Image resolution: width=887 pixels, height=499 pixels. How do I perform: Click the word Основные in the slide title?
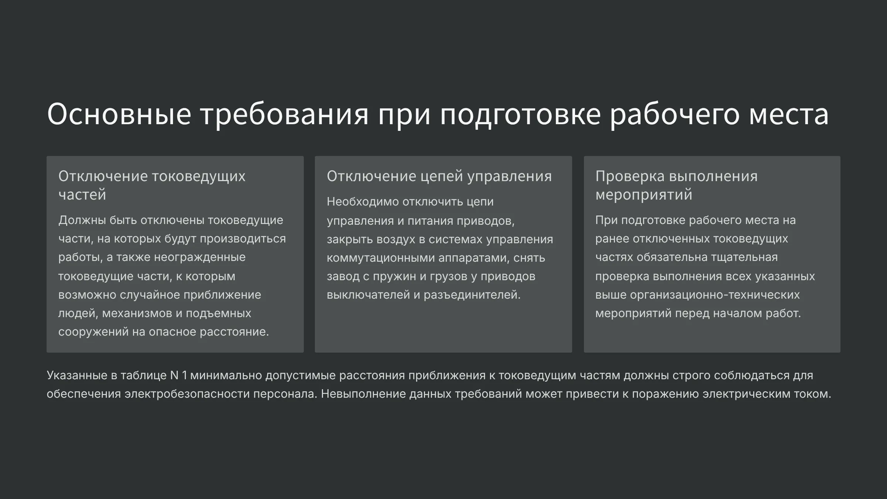click(x=119, y=114)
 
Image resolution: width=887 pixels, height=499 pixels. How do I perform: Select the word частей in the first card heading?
click(x=82, y=194)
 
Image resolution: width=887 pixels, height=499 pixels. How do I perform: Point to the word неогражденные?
click(x=200, y=257)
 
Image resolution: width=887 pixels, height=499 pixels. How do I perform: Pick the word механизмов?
click(x=137, y=313)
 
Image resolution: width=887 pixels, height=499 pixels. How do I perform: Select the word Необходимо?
click(x=363, y=201)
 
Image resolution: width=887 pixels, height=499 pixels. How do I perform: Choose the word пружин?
click(x=395, y=276)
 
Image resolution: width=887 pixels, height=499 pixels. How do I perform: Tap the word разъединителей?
click(x=472, y=295)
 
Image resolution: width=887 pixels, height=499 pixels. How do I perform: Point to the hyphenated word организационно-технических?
click(x=715, y=295)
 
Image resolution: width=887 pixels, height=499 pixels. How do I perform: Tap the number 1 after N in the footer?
click(x=184, y=376)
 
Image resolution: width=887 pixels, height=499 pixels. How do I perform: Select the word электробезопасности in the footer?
click(x=187, y=394)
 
